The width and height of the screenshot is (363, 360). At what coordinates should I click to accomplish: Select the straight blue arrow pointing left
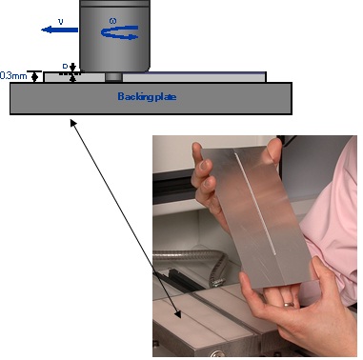59,29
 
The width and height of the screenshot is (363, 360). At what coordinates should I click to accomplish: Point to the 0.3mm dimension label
12,75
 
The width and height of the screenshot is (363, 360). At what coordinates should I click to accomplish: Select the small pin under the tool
113,77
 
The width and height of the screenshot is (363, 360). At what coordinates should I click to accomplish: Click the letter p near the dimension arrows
65,66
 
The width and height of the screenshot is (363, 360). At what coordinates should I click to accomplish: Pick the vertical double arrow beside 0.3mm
35,76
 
